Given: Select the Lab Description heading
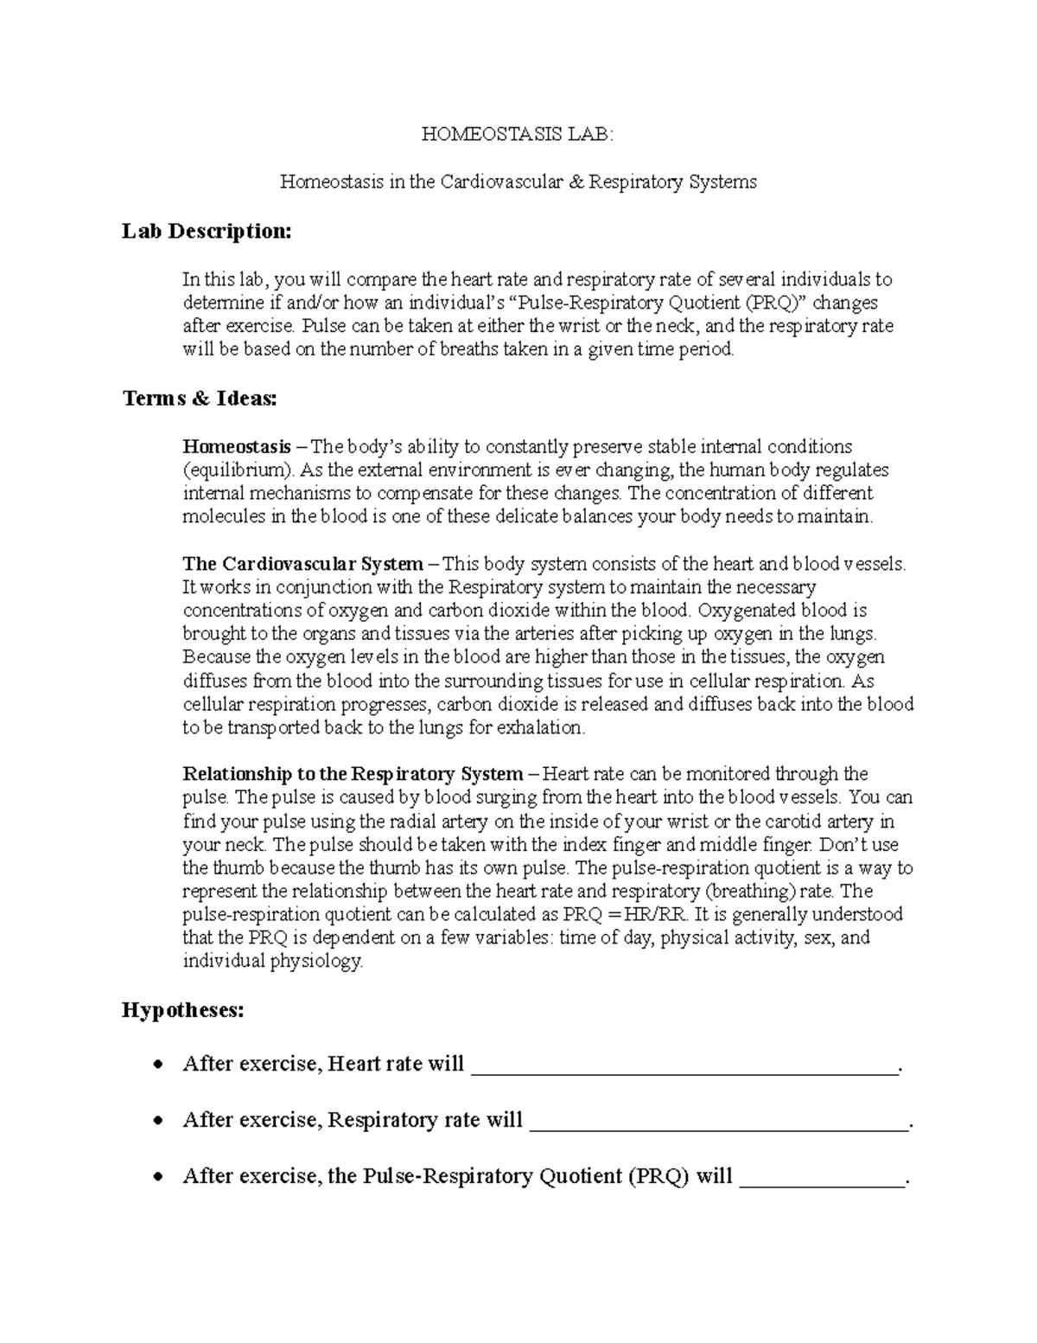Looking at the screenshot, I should [x=207, y=231].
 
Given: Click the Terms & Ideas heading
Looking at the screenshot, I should [x=200, y=399].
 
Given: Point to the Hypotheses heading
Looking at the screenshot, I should [x=182, y=1010].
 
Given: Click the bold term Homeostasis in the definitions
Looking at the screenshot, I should [x=236, y=447].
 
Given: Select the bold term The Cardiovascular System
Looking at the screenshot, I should [x=302, y=564].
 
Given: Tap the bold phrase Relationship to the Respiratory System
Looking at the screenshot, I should [x=353, y=774].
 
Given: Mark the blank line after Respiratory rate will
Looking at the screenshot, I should [x=718, y=1122].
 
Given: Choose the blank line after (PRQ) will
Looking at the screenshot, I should [x=821, y=1178].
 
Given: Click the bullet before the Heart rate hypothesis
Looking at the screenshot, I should [x=156, y=1065].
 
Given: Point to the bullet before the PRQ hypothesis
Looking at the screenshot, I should [x=156, y=1177].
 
